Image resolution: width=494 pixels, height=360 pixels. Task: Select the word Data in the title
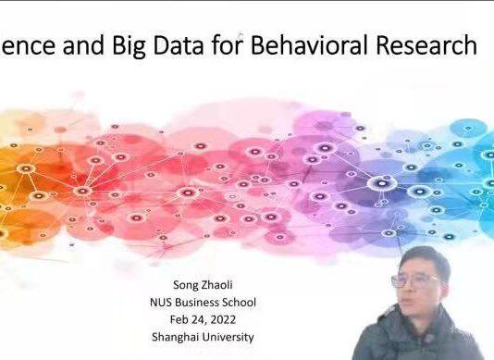[x=179, y=45]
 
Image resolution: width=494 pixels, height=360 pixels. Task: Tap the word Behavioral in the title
[x=322, y=45]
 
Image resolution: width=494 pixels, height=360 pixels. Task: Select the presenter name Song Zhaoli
[x=202, y=284]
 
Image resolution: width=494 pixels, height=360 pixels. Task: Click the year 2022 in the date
[x=224, y=319]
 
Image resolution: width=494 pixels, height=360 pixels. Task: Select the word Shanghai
[x=177, y=337]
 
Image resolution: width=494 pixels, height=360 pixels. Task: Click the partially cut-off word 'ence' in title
[x=22, y=45]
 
